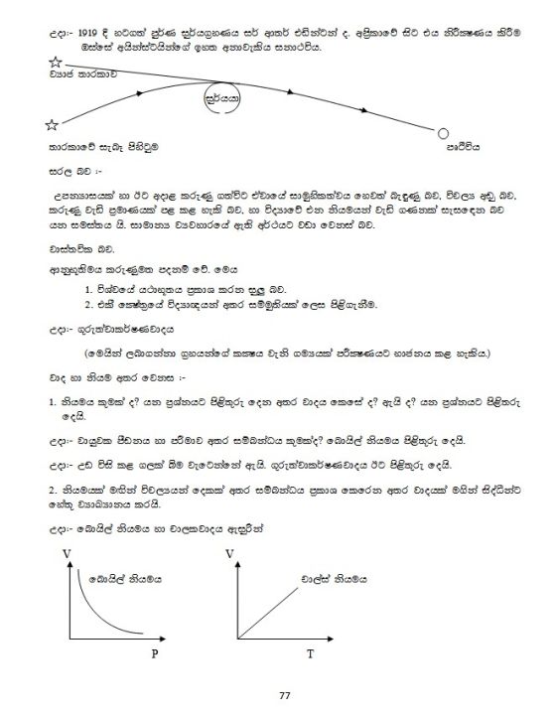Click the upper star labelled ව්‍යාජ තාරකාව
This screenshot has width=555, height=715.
pyautogui.click(x=55, y=63)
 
